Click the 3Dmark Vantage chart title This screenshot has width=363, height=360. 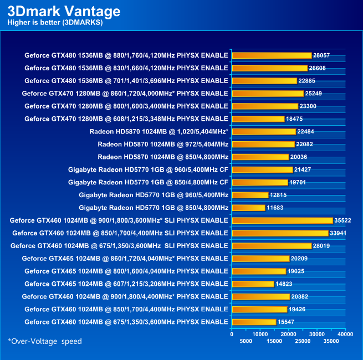[64, 11]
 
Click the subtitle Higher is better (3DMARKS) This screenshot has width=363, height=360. [55, 23]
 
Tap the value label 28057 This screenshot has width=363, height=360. [322, 55]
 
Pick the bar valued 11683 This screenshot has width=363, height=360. [249, 208]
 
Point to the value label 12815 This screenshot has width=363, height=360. [279, 195]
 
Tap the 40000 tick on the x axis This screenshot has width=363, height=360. [345, 334]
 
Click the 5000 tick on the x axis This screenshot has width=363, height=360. [247, 341]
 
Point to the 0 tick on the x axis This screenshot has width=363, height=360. [232, 334]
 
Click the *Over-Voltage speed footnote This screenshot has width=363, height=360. [45, 341]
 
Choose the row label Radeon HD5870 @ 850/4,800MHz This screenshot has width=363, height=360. [163, 157]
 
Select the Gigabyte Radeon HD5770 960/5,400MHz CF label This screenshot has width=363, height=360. [148, 169]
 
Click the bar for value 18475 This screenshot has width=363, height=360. [258, 119]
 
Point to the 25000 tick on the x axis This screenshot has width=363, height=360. [303, 341]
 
